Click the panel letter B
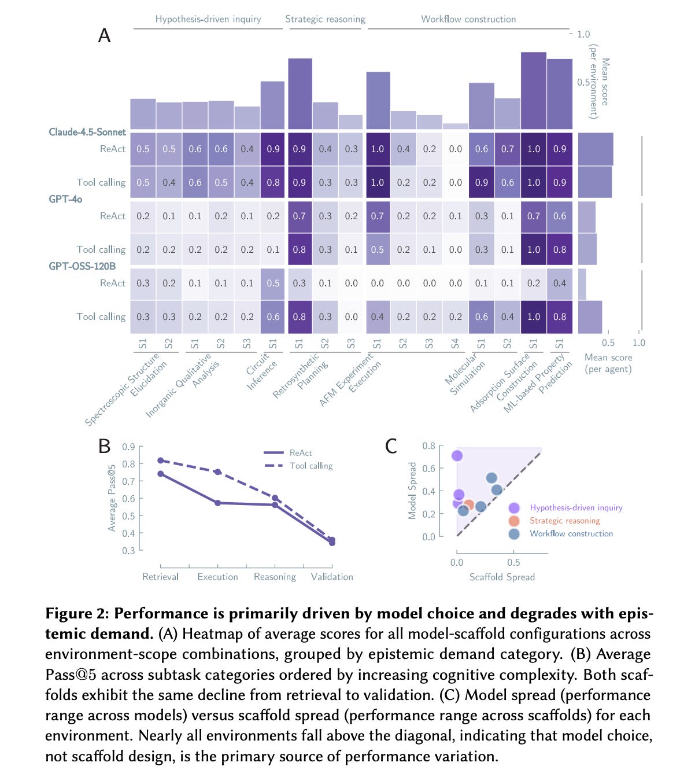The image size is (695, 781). click(104, 446)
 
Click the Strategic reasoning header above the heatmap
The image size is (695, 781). click(325, 19)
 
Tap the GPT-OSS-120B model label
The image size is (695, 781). click(82, 266)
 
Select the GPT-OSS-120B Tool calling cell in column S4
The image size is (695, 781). click(455, 316)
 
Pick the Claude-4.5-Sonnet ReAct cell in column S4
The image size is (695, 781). click(455, 149)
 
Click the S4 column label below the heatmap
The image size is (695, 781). click(455, 344)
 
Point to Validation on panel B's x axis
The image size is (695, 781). click(332, 577)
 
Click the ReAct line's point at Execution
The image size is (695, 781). click(218, 503)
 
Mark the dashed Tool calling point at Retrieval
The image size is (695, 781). click(161, 461)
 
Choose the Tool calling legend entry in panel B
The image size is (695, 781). click(311, 466)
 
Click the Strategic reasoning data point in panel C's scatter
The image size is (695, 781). click(469, 505)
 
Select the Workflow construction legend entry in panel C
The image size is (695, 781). click(571, 533)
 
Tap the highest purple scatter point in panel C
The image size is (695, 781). click(457, 456)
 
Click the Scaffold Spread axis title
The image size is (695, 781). click(502, 577)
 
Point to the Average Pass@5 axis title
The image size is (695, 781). click(112, 498)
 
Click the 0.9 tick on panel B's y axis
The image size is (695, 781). click(128, 447)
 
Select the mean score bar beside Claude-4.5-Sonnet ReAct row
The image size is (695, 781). click(595, 149)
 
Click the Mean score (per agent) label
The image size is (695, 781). click(608, 363)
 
